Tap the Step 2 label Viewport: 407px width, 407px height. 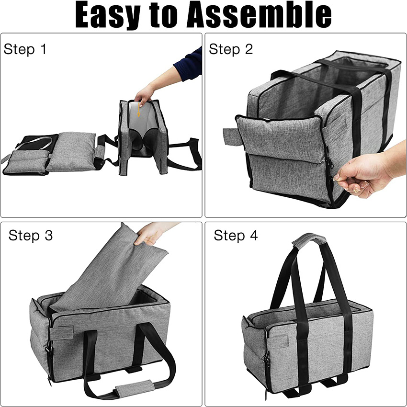coord(231,49)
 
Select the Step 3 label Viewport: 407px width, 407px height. coord(31,235)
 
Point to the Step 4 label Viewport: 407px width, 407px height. coord(236,235)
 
